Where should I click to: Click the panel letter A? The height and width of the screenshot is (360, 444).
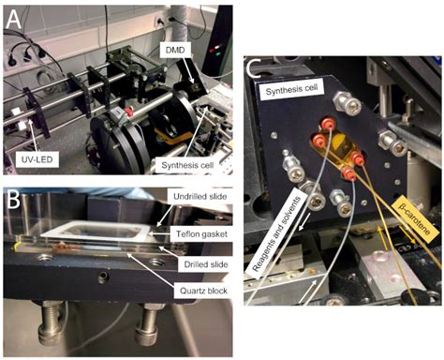[14, 16]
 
